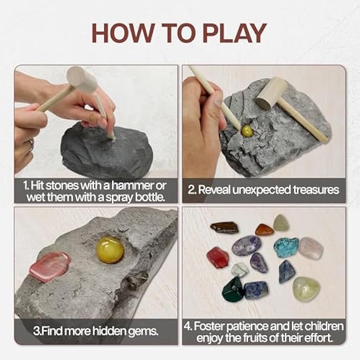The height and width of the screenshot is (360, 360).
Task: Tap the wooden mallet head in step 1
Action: tap(82, 78)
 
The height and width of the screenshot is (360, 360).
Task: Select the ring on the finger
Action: tap(32, 146)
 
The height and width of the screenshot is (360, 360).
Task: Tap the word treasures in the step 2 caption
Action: tap(316, 190)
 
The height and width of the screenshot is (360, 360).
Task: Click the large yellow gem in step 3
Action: tap(110, 250)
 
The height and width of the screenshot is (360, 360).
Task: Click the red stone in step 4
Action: tap(218, 258)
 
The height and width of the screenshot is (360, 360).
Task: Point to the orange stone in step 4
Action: tap(265, 230)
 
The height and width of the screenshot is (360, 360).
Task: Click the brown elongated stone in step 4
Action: tap(224, 228)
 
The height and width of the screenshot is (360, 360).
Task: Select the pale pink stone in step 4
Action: tap(311, 248)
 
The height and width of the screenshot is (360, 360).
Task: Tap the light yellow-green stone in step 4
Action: tap(306, 289)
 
